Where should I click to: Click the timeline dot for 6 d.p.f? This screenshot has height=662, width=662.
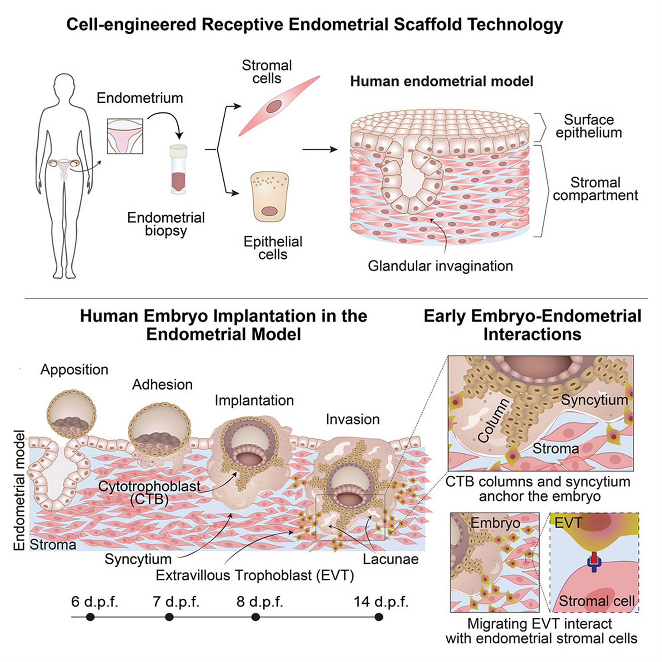(x=90, y=617)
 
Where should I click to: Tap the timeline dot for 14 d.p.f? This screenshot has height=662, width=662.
(x=379, y=617)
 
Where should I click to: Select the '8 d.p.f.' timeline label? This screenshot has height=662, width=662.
(x=260, y=602)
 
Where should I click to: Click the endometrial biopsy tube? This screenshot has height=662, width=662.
(x=178, y=169)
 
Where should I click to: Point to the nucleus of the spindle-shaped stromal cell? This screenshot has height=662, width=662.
(x=274, y=107)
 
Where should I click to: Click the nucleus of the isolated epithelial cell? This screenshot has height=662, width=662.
(x=270, y=211)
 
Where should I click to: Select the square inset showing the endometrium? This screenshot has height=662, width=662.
(x=125, y=136)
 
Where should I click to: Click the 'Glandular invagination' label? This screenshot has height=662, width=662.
(x=440, y=266)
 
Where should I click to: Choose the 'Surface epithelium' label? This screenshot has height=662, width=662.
(x=589, y=126)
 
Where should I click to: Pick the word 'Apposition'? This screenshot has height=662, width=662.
(x=74, y=370)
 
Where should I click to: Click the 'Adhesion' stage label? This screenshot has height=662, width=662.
(x=162, y=385)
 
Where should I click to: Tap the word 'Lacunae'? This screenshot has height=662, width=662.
(x=391, y=559)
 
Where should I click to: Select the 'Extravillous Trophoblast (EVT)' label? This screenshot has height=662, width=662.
(x=255, y=576)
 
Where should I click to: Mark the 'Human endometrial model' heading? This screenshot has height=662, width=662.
(x=441, y=81)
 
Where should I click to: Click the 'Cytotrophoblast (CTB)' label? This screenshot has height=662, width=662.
(x=149, y=492)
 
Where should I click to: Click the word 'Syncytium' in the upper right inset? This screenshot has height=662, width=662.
(x=594, y=400)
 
